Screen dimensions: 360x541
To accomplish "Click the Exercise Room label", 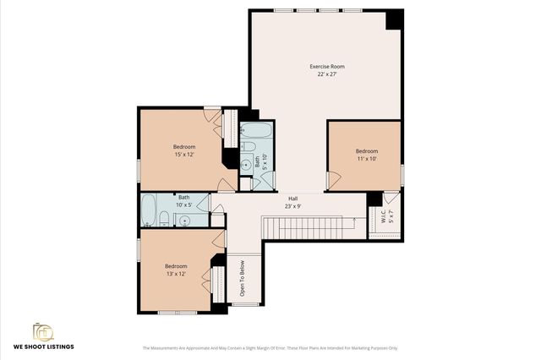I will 326,66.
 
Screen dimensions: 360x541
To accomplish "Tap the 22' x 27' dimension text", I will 326,74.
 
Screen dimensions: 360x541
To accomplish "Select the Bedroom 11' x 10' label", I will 366,151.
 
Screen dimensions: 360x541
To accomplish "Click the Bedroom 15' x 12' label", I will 184,146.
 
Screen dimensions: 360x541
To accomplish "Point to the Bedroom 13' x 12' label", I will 176,266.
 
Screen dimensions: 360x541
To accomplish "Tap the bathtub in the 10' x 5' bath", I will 149,210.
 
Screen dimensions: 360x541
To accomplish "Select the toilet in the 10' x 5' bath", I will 164,221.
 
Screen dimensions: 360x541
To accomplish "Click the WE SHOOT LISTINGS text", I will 42,346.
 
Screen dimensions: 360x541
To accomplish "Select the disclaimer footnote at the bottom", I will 270,347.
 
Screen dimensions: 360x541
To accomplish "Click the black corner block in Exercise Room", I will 394,19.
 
